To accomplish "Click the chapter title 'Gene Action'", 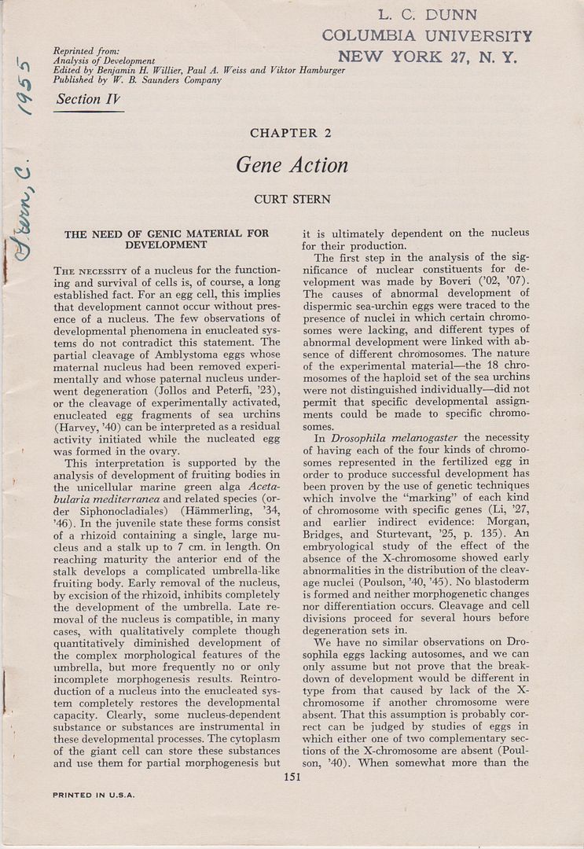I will point(292,166).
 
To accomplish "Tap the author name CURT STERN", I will point(292,200).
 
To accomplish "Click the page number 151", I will point(292,778).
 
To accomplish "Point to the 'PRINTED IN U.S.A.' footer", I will point(94,795).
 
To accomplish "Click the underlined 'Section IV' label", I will point(89,100).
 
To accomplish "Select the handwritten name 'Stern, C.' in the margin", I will point(24,212).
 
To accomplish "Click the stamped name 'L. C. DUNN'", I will point(427,15).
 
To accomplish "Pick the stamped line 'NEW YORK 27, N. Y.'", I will point(428,57).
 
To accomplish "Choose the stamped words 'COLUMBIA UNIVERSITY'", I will point(427,36).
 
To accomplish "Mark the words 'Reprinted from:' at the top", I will point(86,50).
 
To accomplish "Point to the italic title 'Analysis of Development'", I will point(104,61).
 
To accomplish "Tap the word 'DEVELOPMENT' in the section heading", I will point(166,244).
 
